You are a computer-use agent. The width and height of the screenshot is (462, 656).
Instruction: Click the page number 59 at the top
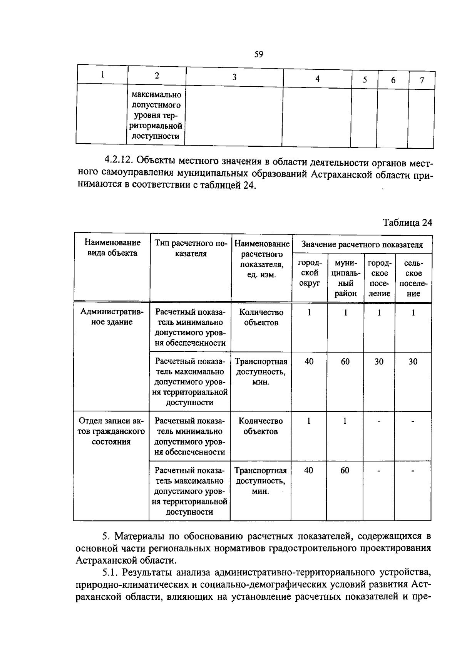click(x=258, y=54)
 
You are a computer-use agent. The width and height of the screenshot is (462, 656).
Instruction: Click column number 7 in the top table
click(x=422, y=81)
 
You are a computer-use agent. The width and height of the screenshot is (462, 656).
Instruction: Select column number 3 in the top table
click(x=234, y=77)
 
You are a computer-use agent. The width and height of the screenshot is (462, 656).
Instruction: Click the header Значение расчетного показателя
click(x=362, y=245)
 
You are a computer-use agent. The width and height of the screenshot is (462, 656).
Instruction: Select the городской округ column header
click(x=309, y=273)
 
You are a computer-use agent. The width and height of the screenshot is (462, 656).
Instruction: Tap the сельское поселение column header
click(x=413, y=278)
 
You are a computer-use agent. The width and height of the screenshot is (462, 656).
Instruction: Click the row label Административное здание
click(x=112, y=317)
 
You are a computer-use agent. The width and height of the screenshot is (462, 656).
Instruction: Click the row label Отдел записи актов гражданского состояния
click(x=111, y=431)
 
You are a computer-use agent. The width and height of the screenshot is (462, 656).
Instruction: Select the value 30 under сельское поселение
click(x=413, y=361)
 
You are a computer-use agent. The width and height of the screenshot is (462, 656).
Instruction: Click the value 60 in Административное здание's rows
click(x=345, y=361)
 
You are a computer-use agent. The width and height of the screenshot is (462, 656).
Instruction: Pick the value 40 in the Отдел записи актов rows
click(x=308, y=470)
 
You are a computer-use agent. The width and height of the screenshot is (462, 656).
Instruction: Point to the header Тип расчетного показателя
click(x=191, y=248)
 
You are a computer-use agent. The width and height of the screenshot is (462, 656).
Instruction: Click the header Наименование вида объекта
click(x=112, y=248)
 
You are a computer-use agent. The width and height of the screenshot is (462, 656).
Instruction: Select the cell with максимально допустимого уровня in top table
click(x=156, y=115)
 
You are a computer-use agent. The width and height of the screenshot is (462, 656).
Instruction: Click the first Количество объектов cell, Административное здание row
click(x=261, y=317)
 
